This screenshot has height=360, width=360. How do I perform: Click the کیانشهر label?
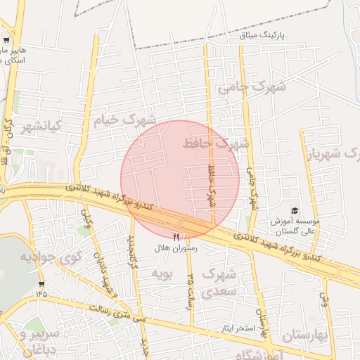click(x=41, y=127)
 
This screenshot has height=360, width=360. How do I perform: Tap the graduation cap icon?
click(x=295, y=210)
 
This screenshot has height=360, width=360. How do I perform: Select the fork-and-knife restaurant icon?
click(x=176, y=237)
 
